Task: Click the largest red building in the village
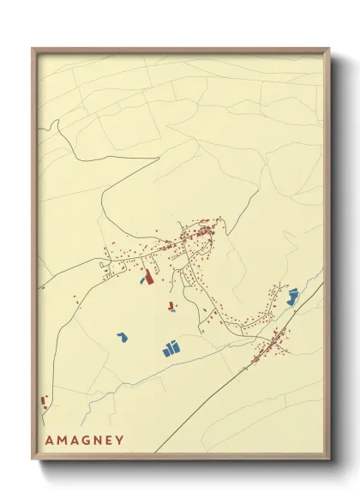click(x=147, y=278)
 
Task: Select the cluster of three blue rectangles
click(x=171, y=348)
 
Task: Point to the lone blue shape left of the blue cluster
click(x=123, y=338)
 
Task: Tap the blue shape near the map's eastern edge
click(x=292, y=297)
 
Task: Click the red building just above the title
click(x=44, y=400)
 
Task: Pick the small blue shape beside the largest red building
click(x=141, y=279)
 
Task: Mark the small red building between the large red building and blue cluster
click(x=171, y=305)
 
